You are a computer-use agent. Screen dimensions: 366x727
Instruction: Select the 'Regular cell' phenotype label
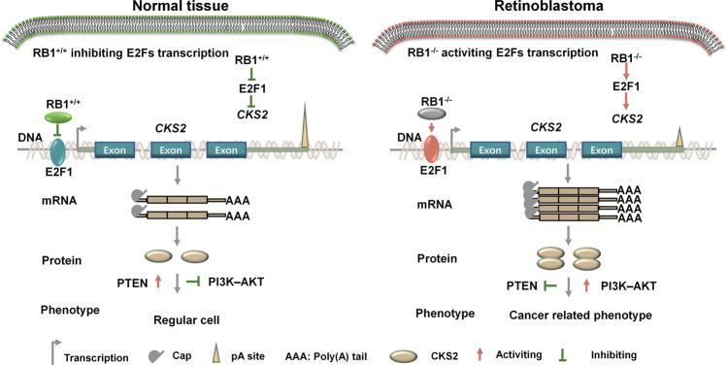click(184, 317)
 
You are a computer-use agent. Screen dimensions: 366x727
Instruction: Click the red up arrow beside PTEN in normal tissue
click(157, 283)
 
